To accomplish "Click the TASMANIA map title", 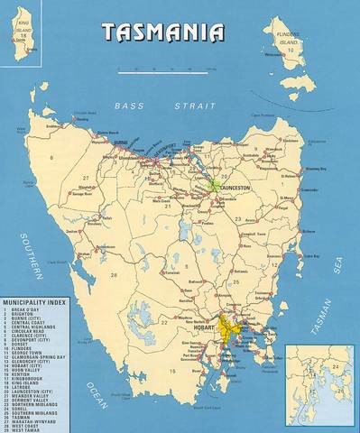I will [x=162, y=32].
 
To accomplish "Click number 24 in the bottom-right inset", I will [x=335, y=365].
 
